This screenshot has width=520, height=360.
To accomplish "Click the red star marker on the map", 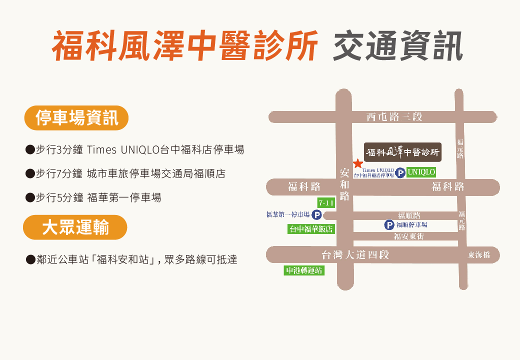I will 358,163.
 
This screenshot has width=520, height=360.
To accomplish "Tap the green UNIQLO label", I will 421,172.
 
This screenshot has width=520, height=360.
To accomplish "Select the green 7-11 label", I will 326,202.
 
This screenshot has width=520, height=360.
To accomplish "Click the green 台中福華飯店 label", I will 311,229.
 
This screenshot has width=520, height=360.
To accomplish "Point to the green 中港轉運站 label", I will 304,270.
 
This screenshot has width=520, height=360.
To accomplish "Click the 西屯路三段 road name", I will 394,117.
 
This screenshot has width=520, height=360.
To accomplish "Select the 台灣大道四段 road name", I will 355,255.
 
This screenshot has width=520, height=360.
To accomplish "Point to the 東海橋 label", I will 479,255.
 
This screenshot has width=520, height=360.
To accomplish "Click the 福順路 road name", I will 409,215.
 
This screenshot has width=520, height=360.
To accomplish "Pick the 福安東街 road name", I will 408,236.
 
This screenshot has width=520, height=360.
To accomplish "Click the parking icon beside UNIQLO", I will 400,173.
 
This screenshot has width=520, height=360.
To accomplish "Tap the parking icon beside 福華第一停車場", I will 316,215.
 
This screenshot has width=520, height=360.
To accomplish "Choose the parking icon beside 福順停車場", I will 389,225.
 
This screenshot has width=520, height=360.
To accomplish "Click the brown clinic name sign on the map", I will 402,151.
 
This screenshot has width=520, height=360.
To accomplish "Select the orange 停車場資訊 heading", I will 76,118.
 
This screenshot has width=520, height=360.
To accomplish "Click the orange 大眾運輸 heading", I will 75,227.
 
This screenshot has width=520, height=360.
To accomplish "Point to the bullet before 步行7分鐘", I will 29,173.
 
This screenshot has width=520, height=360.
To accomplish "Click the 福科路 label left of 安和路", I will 304,187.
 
